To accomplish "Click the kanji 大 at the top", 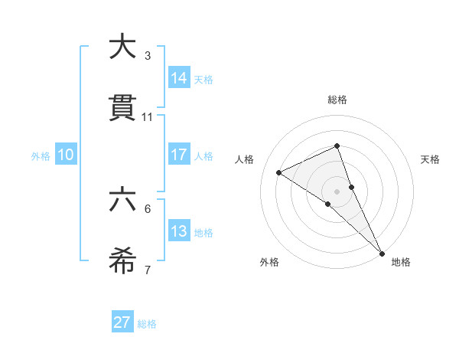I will tap(123, 47).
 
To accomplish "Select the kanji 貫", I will tap(123, 108).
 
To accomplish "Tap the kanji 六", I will tap(123, 200).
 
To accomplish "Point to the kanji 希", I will tap(123, 261).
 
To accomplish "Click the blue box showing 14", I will tap(178, 78).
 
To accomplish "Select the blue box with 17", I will tap(178, 155).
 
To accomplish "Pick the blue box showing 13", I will tap(178, 231).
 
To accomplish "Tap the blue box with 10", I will tap(66, 155).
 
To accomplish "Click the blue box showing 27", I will tap(122, 322).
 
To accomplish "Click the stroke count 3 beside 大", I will tap(147, 56).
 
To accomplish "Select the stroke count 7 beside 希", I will tap(147, 270).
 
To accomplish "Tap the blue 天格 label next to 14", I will tap(203, 79).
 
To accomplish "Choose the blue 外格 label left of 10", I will tap(41, 155).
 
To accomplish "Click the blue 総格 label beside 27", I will tap(147, 323).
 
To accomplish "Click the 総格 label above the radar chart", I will tap(337, 100).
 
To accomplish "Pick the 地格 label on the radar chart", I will tap(401, 262).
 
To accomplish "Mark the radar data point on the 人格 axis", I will tap(279, 172).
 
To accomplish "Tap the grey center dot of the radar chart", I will tap(337, 191).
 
